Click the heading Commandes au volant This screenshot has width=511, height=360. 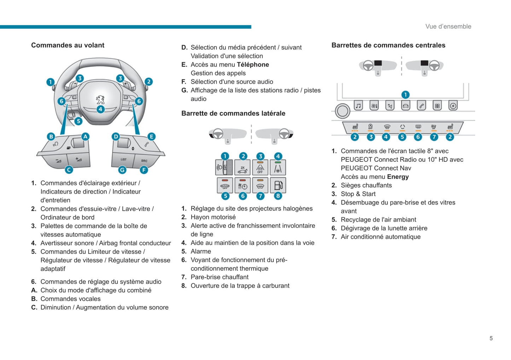[x=68, y=45]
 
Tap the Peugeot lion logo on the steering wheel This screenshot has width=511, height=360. [x=100, y=99]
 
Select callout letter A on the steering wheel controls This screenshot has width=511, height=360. [x=85, y=136]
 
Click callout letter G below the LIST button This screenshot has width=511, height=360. [x=122, y=170]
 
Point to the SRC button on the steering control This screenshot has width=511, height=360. [x=144, y=161]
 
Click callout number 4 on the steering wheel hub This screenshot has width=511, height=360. [x=100, y=109]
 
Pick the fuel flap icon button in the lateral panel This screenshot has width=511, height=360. [x=278, y=185]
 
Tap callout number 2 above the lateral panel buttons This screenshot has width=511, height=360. [x=243, y=156]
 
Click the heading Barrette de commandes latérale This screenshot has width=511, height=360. [x=233, y=113]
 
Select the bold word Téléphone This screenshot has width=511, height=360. [x=253, y=65]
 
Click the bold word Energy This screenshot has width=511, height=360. [x=398, y=177]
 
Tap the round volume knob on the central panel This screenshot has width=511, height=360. [x=342, y=111]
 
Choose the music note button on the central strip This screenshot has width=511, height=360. [x=358, y=106]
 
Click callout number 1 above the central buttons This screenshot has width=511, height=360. [x=405, y=95]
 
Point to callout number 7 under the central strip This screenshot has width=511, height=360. [x=434, y=137]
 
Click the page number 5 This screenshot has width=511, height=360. [x=491, y=338]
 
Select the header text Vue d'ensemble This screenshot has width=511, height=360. [x=448, y=26]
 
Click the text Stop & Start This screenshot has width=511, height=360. [x=358, y=194]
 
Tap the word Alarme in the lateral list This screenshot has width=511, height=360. [x=201, y=252]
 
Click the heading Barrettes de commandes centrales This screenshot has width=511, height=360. [x=388, y=45]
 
